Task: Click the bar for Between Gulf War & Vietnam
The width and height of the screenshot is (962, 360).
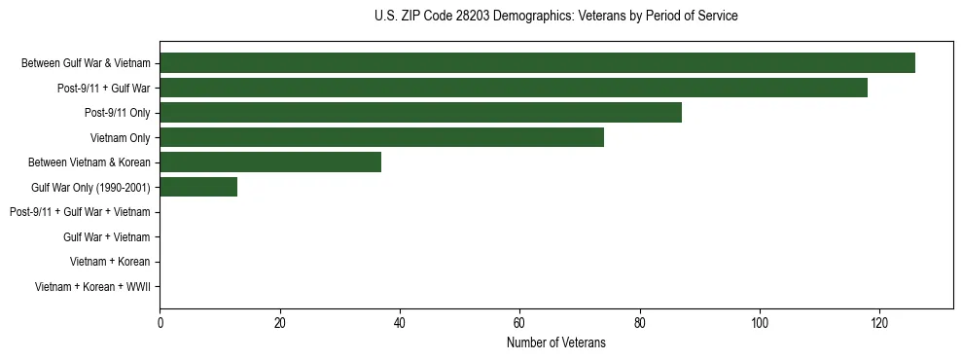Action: point(537,63)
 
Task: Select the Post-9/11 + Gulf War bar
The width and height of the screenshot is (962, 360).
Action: point(514,89)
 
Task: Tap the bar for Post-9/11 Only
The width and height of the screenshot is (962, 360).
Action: point(420,113)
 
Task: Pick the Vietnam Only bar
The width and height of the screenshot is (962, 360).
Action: point(381,138)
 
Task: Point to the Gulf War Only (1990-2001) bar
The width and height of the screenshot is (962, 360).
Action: point(198,187)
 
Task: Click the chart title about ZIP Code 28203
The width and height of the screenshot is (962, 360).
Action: point(555,17)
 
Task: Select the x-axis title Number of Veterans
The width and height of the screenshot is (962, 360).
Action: point(555,342)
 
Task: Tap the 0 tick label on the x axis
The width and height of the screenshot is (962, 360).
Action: point(160,323)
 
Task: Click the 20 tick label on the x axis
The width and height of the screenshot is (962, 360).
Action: point(280,323)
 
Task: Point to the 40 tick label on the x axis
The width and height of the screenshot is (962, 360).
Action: point(400,323)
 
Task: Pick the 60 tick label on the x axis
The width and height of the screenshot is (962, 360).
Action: point(519,323)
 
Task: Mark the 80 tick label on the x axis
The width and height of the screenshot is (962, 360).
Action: point(640,323)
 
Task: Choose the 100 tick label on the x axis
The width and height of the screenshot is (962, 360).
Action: point(760,323)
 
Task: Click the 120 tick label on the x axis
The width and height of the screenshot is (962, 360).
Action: point(879,323)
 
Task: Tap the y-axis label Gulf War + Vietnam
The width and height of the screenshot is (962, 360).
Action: point(107,236)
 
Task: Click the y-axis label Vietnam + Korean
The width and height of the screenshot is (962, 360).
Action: point(110,262)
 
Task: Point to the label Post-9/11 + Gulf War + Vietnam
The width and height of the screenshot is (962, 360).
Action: point(80,212)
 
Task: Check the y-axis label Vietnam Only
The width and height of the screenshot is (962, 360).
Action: point(120,138)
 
